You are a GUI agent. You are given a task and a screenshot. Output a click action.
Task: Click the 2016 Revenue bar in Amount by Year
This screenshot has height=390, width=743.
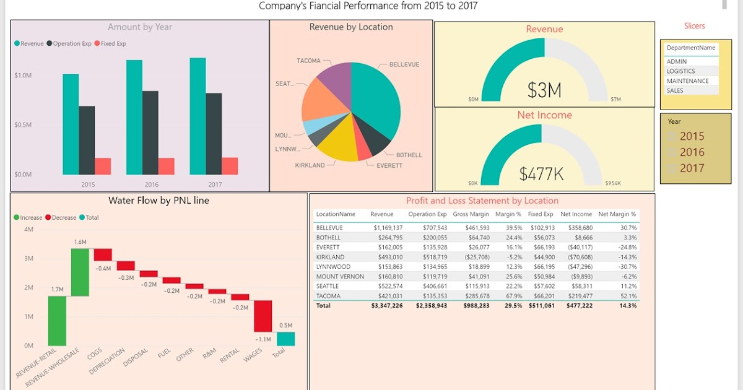tap(134, 118)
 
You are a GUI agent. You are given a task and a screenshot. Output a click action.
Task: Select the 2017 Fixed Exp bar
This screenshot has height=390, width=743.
tap(230, 166)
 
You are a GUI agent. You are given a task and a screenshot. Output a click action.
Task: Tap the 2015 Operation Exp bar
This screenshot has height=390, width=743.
tap(87, 141)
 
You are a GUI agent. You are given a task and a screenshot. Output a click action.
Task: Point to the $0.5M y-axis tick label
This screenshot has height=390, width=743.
tap(23, 124)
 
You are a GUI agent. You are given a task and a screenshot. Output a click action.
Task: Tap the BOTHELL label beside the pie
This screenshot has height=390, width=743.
tap(409, 155)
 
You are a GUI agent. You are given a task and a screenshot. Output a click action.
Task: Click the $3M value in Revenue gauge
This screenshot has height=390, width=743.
tap(544, 90)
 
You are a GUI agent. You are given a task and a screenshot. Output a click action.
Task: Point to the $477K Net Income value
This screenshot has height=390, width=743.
tap(541, 175)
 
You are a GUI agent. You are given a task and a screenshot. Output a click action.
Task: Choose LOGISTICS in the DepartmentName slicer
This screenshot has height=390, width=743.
tap(680, 71)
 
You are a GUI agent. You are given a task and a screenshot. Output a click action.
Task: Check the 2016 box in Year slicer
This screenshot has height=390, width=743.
tap(671, 152)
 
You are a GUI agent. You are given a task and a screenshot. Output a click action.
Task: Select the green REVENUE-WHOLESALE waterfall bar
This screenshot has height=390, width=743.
tap(80, 272)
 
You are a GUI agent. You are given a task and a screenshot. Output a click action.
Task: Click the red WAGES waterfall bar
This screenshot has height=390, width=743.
tap(263, 316)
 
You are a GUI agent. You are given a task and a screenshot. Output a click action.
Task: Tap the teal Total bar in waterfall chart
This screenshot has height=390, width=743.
tap(285, 339)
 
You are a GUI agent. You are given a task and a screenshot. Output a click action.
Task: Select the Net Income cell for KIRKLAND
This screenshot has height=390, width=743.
tap(577, 257)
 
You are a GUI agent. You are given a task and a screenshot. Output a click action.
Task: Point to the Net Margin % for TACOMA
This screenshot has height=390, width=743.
tap(628, 296)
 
